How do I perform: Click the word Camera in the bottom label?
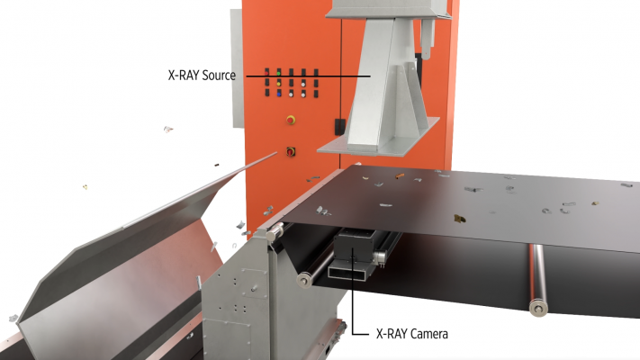click(429, 334)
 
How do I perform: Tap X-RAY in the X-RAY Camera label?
click(392, 334)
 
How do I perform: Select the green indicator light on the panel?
click(279, 73)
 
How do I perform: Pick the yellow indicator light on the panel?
click(279, 84)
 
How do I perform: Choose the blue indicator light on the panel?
click(279, 94)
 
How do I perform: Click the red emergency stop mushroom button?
click(291, 120)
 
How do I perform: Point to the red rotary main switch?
click(291, 151)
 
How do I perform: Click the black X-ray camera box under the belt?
click(354, 247)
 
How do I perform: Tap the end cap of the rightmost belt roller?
click(538, 307)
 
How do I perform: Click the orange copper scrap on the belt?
click(399, 175)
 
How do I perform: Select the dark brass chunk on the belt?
click(460, 219)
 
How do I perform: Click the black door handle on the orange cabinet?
click(339, 127)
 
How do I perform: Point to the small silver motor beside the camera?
click(380, 257)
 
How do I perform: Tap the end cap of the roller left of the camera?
click(304, 280)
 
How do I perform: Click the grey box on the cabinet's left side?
click(237, 68)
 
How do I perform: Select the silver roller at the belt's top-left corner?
click(275, 232)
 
